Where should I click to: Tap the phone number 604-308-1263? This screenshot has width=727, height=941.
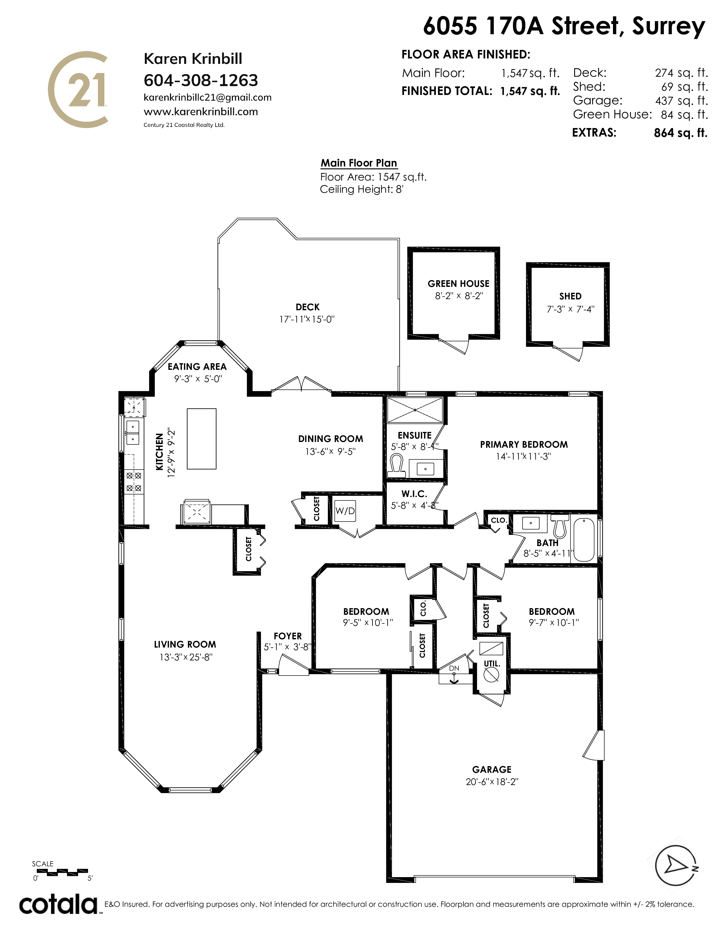point(201,80)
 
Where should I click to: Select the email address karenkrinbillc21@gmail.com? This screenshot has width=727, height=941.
point(208,97)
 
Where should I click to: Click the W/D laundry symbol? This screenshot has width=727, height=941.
point(345,511)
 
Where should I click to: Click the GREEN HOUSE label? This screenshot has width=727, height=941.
point(458,283)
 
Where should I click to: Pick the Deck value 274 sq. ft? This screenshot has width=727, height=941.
point(681,73)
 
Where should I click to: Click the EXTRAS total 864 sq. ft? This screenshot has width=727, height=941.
point(681,133)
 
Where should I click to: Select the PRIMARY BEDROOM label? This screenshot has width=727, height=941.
point(524,444)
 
